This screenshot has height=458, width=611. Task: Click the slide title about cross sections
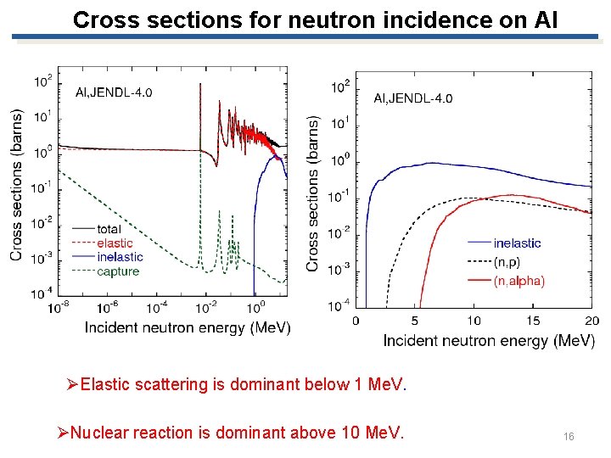(316, 20)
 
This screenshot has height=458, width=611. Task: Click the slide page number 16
(569, 436)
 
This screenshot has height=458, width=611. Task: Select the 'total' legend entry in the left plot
(109, 229)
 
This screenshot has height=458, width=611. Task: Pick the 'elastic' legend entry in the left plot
(115, 243)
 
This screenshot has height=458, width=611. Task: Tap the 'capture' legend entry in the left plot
(117, 271)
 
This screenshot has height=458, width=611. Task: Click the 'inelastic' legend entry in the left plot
(120, 257)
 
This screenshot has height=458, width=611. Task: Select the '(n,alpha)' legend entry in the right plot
(519, 281)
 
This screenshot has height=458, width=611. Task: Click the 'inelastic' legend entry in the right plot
(517, 243)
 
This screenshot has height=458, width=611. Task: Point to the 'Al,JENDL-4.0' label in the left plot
(115, 92)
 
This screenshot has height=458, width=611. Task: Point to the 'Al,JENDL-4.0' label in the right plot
(413, 98)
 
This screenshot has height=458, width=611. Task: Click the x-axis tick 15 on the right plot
(533, 321)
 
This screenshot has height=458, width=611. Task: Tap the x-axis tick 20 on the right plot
(591, 321)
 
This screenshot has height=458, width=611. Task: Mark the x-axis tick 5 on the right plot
(414, 321)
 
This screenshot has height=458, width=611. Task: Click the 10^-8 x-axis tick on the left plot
(59, 306)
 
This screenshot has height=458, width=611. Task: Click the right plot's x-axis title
(489, 341)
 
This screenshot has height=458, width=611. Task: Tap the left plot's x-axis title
(188, 327)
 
